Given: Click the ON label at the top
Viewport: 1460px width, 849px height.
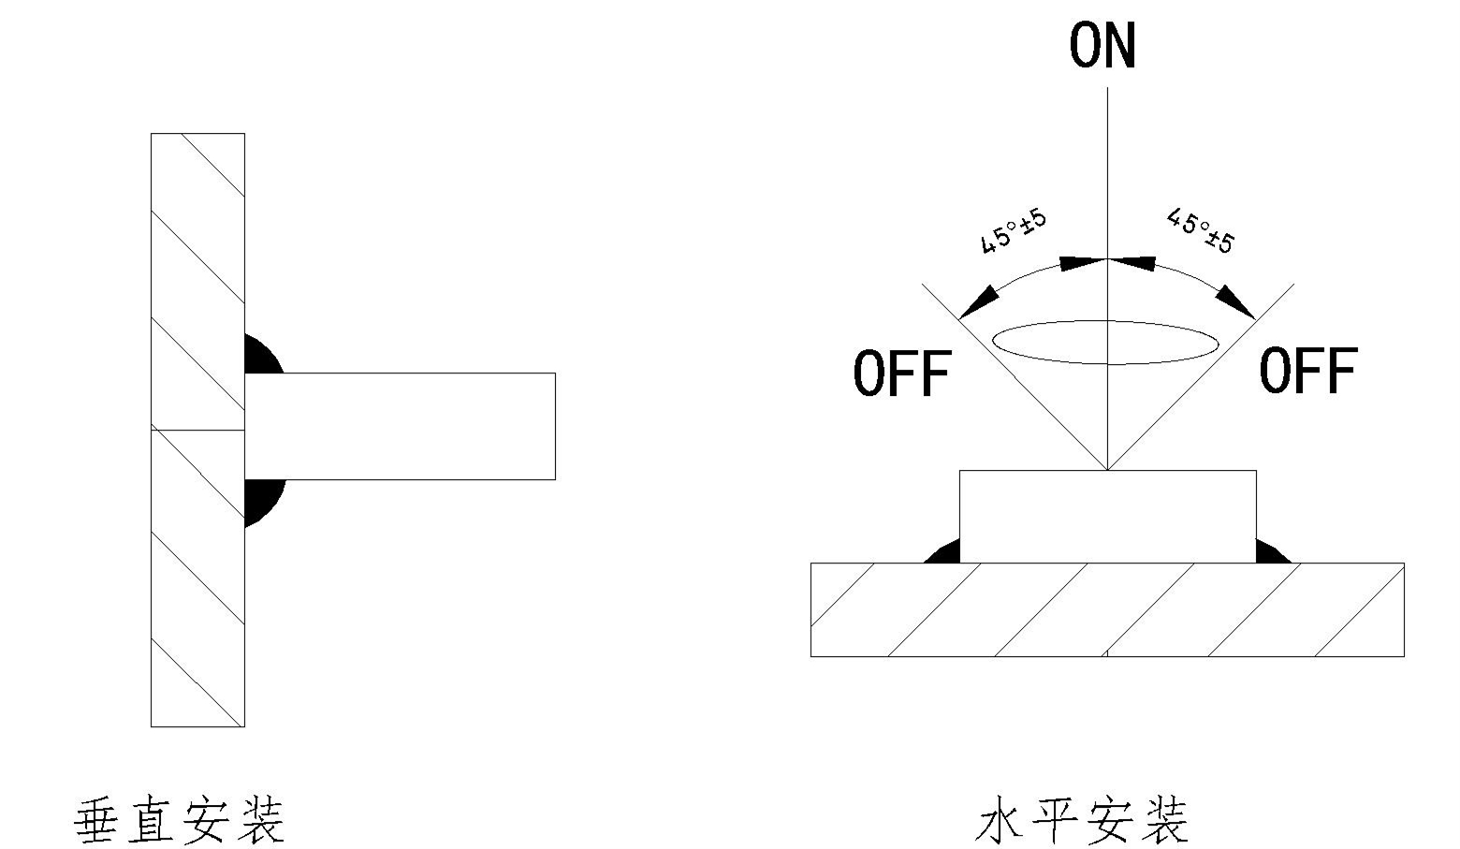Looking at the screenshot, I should point(1102,46).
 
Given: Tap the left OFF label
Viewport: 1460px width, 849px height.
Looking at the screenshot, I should point(902,373).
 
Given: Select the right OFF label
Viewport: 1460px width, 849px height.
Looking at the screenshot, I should point(1307,370).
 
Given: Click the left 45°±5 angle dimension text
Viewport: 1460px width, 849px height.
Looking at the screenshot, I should point(1013,231).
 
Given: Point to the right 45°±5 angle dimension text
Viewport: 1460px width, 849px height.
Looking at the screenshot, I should point(1201,231).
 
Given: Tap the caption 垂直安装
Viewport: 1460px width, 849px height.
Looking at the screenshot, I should point(179,821).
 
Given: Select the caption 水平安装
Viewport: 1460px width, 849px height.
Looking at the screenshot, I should point(1082,821).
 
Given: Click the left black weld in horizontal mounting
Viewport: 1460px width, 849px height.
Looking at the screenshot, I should point(944,553).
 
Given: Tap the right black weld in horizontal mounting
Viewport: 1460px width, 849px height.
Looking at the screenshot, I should point(1270,553).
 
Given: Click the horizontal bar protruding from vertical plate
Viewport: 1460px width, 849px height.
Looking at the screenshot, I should point(400,427).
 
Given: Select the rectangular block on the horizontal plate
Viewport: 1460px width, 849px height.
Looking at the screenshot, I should point(1107,516).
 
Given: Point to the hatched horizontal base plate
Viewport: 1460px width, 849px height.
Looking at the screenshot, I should point(1107,609).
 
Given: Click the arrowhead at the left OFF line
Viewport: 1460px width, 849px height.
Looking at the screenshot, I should point(979,301).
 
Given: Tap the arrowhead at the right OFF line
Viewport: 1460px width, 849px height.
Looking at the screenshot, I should point(1235,301).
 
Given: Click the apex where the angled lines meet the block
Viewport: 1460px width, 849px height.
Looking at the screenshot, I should point(1108,469).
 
